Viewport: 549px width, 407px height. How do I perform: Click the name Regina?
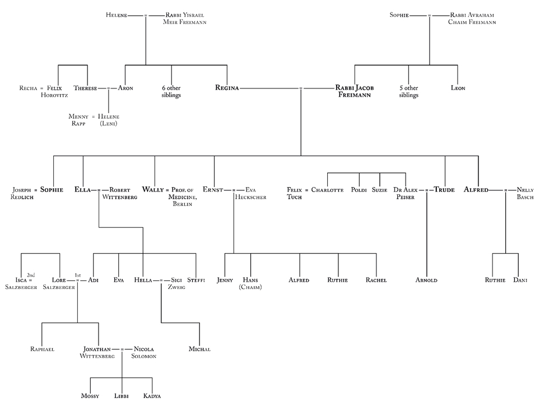pos(227,88)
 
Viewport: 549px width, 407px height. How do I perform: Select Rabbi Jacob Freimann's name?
pos(355,91)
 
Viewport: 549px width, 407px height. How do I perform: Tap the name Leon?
pos(458,88)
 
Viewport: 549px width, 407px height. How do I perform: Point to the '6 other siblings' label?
pos(171,91)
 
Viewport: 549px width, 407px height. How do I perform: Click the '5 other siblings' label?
pos(408,91)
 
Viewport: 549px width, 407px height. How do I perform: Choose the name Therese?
pos(85,88)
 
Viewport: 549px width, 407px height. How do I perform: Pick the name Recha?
pos(27,88)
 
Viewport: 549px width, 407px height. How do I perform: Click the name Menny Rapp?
pos(78,120)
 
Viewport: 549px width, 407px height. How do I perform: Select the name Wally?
pos(152,190)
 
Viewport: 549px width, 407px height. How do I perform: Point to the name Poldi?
pos(359,190)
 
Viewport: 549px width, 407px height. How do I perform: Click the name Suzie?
pos(379,190)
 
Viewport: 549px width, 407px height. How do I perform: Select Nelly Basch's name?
pos(525,193)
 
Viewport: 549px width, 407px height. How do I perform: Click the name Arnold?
pos(426,279)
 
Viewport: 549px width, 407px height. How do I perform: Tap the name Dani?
pos(520,279)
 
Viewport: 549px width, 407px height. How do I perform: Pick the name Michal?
pos(199,349)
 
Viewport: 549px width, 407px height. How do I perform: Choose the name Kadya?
pos(153,396)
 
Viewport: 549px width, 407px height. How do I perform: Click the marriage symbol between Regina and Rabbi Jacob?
pos(301,88)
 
